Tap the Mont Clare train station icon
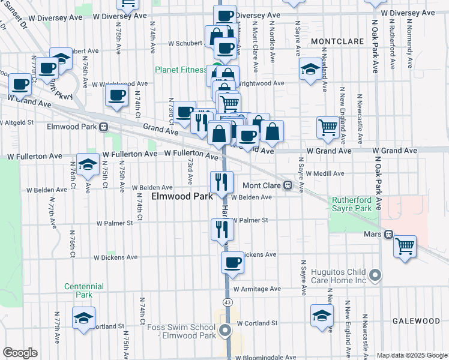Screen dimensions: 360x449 tap(288, 185)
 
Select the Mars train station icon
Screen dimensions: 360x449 tap(388, 235)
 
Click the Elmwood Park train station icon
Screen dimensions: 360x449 tap(104, 127)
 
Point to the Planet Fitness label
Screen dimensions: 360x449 tap(181, 70)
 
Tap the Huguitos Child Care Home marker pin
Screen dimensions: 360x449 tap(375, 276)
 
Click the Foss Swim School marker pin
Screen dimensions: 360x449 tap(225, 331)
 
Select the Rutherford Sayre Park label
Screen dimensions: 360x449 tap(354, 204)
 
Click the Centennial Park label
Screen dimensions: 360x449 tap(84, 290)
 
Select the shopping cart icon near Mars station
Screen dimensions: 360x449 tap(405, 245)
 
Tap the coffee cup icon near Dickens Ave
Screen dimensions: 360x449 tap(232, 262)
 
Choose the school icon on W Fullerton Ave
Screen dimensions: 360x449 tap(88, 164)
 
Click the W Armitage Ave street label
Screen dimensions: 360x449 tap(258, 289)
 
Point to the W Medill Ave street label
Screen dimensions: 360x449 tap(324, 173)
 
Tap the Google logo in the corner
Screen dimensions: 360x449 tap(20, 353)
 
